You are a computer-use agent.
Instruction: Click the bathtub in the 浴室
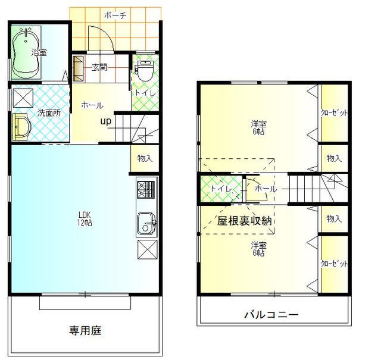tap(26, 53)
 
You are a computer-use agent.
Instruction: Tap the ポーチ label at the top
tap(115, 15)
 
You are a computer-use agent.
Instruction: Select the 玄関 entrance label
tap(99, 67)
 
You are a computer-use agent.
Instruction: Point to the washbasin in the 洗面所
tap(21, 127)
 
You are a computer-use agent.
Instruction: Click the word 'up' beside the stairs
tap(106, 121)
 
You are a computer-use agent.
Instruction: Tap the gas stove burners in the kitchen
tap(146, 189)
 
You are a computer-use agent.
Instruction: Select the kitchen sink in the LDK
tap(147, 223)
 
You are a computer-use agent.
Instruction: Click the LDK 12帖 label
tap(85, 218)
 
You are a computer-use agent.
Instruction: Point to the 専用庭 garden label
tap(85, 330)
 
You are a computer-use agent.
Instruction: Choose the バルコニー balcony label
tap(271, 315)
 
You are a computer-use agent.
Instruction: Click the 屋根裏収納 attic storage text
tap(244, 221)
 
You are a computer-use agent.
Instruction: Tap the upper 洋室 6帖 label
tap(258, 128)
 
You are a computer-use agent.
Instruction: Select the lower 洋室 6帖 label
tap(258, 249)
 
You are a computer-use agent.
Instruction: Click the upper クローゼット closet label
tap(335, 113)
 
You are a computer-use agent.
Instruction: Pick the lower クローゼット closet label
tap(335, 264)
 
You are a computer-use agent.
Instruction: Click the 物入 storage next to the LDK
tap(145, 158)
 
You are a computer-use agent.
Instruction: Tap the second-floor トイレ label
tap(221, 189)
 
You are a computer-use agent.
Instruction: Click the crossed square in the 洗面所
tap(23, 98)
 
